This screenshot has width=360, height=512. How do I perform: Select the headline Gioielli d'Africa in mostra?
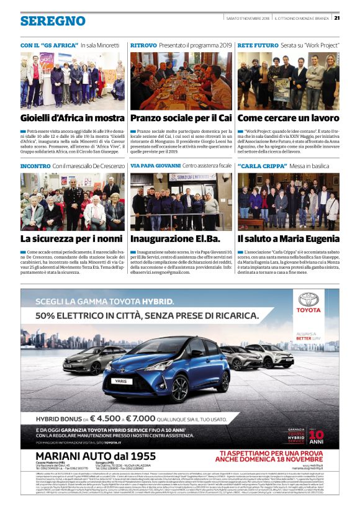[x=72, y=118]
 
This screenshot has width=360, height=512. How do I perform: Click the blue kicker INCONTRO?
[x=35, y=166]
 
